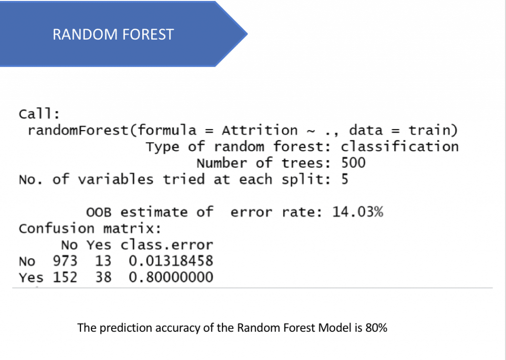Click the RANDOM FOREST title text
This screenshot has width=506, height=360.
113,35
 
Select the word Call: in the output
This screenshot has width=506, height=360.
40,114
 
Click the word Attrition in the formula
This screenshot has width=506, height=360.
259,131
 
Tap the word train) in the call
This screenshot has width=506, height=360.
433,131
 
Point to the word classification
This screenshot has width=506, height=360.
399,146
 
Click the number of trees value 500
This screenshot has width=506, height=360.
353,163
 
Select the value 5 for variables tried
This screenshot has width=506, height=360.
344,179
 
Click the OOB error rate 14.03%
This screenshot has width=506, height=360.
358,212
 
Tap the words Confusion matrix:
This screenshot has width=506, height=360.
90,228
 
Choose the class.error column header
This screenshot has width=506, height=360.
167,245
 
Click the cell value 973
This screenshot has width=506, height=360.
65,261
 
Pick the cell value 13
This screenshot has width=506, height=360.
103,261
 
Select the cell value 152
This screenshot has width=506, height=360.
65,277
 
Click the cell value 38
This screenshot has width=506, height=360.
103,277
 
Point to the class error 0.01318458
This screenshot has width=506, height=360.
170,261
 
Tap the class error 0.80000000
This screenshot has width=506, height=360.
170,277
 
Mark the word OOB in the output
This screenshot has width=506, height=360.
99,213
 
